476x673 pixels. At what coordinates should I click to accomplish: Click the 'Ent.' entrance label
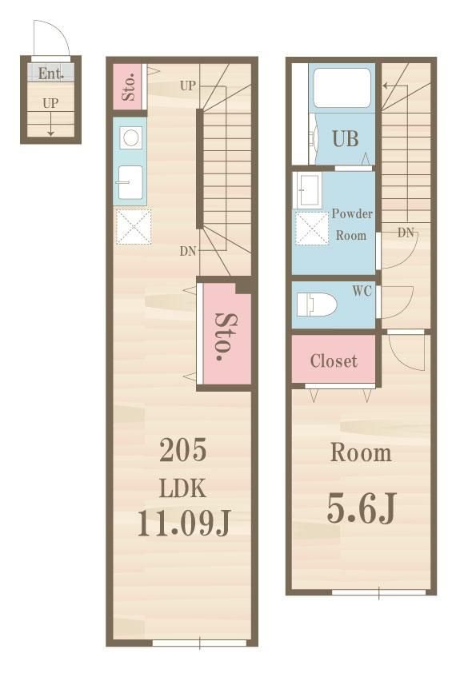coord(50,74)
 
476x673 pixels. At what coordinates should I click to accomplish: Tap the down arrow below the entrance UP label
coord(50,125)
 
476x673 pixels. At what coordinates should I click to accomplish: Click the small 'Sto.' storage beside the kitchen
coord(130,86)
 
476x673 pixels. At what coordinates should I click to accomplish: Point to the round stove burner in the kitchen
coord(130,138)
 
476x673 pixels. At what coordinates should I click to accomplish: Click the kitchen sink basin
coord(130,182)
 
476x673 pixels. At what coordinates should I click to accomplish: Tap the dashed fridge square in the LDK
coord(134,227)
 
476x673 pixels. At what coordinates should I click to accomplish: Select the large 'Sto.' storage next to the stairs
coord(226,334)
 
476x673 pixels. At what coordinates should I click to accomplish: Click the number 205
coord(183,450)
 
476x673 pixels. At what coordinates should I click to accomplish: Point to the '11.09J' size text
coord(184,524)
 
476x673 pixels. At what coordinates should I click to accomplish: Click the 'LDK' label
coord(182,488)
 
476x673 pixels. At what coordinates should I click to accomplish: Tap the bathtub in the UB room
coord(342,88)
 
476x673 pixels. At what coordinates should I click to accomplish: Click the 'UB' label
coord(346,138)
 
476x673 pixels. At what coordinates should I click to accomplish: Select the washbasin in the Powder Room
coord(307,190)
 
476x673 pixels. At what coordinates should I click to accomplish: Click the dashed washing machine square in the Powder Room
coord(312,229)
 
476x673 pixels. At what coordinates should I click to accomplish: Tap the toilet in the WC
coord(316,305)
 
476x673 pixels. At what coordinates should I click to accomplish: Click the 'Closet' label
coord(334,361)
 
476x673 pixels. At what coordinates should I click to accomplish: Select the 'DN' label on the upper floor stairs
coord(406,233)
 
